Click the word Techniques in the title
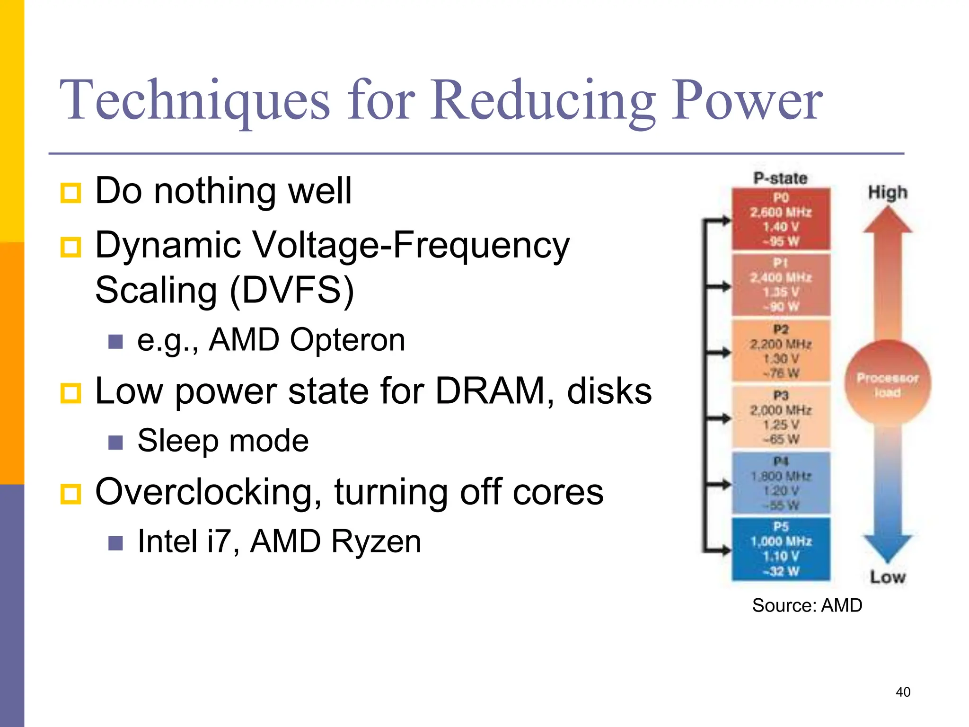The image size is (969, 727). point(194,100)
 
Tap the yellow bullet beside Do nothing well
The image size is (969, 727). point(71,193)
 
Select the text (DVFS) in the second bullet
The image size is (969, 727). point(291,290)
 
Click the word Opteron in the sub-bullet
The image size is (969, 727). point(347,340)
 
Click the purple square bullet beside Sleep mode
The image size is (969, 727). point(115,442)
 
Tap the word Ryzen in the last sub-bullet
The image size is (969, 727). point(376,541)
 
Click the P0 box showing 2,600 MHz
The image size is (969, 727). point(781,219)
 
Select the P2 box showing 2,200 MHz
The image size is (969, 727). point(781,351)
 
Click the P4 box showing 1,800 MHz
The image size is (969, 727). point(781,483)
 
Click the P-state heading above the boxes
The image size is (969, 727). point(780,178)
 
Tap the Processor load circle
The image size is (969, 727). point(888,384)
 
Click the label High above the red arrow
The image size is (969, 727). point(888,193)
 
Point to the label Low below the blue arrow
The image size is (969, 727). point(888,577)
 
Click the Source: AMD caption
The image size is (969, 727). point(807,605)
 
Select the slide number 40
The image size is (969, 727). point(903,692)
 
